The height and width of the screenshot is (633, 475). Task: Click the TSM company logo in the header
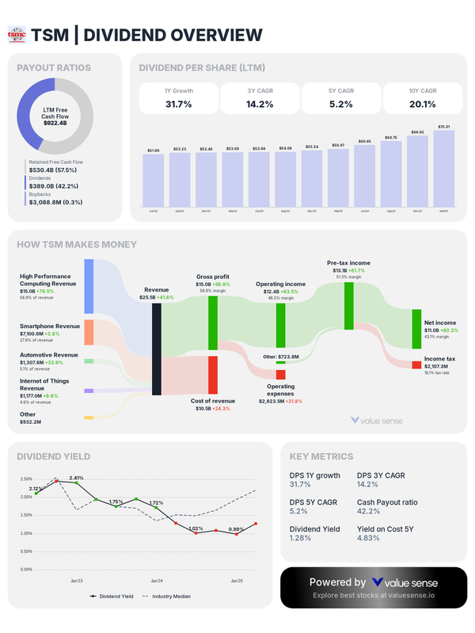click(17, 35)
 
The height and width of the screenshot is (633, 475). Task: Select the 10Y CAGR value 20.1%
click(423, 104)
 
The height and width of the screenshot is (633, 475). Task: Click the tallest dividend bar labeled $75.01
click(443, 168)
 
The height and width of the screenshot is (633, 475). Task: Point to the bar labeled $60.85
click(364, 174)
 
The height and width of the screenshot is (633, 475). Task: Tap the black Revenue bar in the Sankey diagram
click(157, 349)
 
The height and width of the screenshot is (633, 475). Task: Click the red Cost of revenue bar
click(212, 375)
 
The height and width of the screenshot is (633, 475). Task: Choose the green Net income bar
click(416, 329)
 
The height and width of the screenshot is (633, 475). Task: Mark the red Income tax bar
click(416, 364)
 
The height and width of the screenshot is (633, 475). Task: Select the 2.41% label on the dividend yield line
click(76, 478)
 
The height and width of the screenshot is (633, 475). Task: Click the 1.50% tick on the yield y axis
click(25, 515)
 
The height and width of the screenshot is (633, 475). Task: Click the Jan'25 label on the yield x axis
click(237, 582)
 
